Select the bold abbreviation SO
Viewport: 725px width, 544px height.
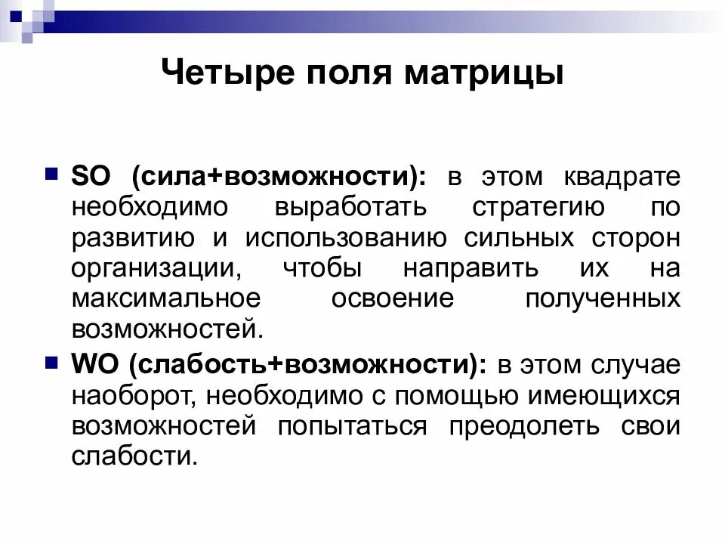point(91,177)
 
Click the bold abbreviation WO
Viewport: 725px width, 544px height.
point(94,364)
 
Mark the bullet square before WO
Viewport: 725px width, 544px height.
point(52,363)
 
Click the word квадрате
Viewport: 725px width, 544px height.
point(622,177)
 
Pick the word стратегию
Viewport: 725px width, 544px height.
point(538,207)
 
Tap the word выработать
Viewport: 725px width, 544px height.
point(350,207)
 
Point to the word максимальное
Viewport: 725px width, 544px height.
point(166,298)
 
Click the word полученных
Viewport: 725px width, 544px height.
point(602,298)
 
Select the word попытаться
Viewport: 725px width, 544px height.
point(351,425)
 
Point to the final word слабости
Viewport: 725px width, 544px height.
point(134,456)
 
